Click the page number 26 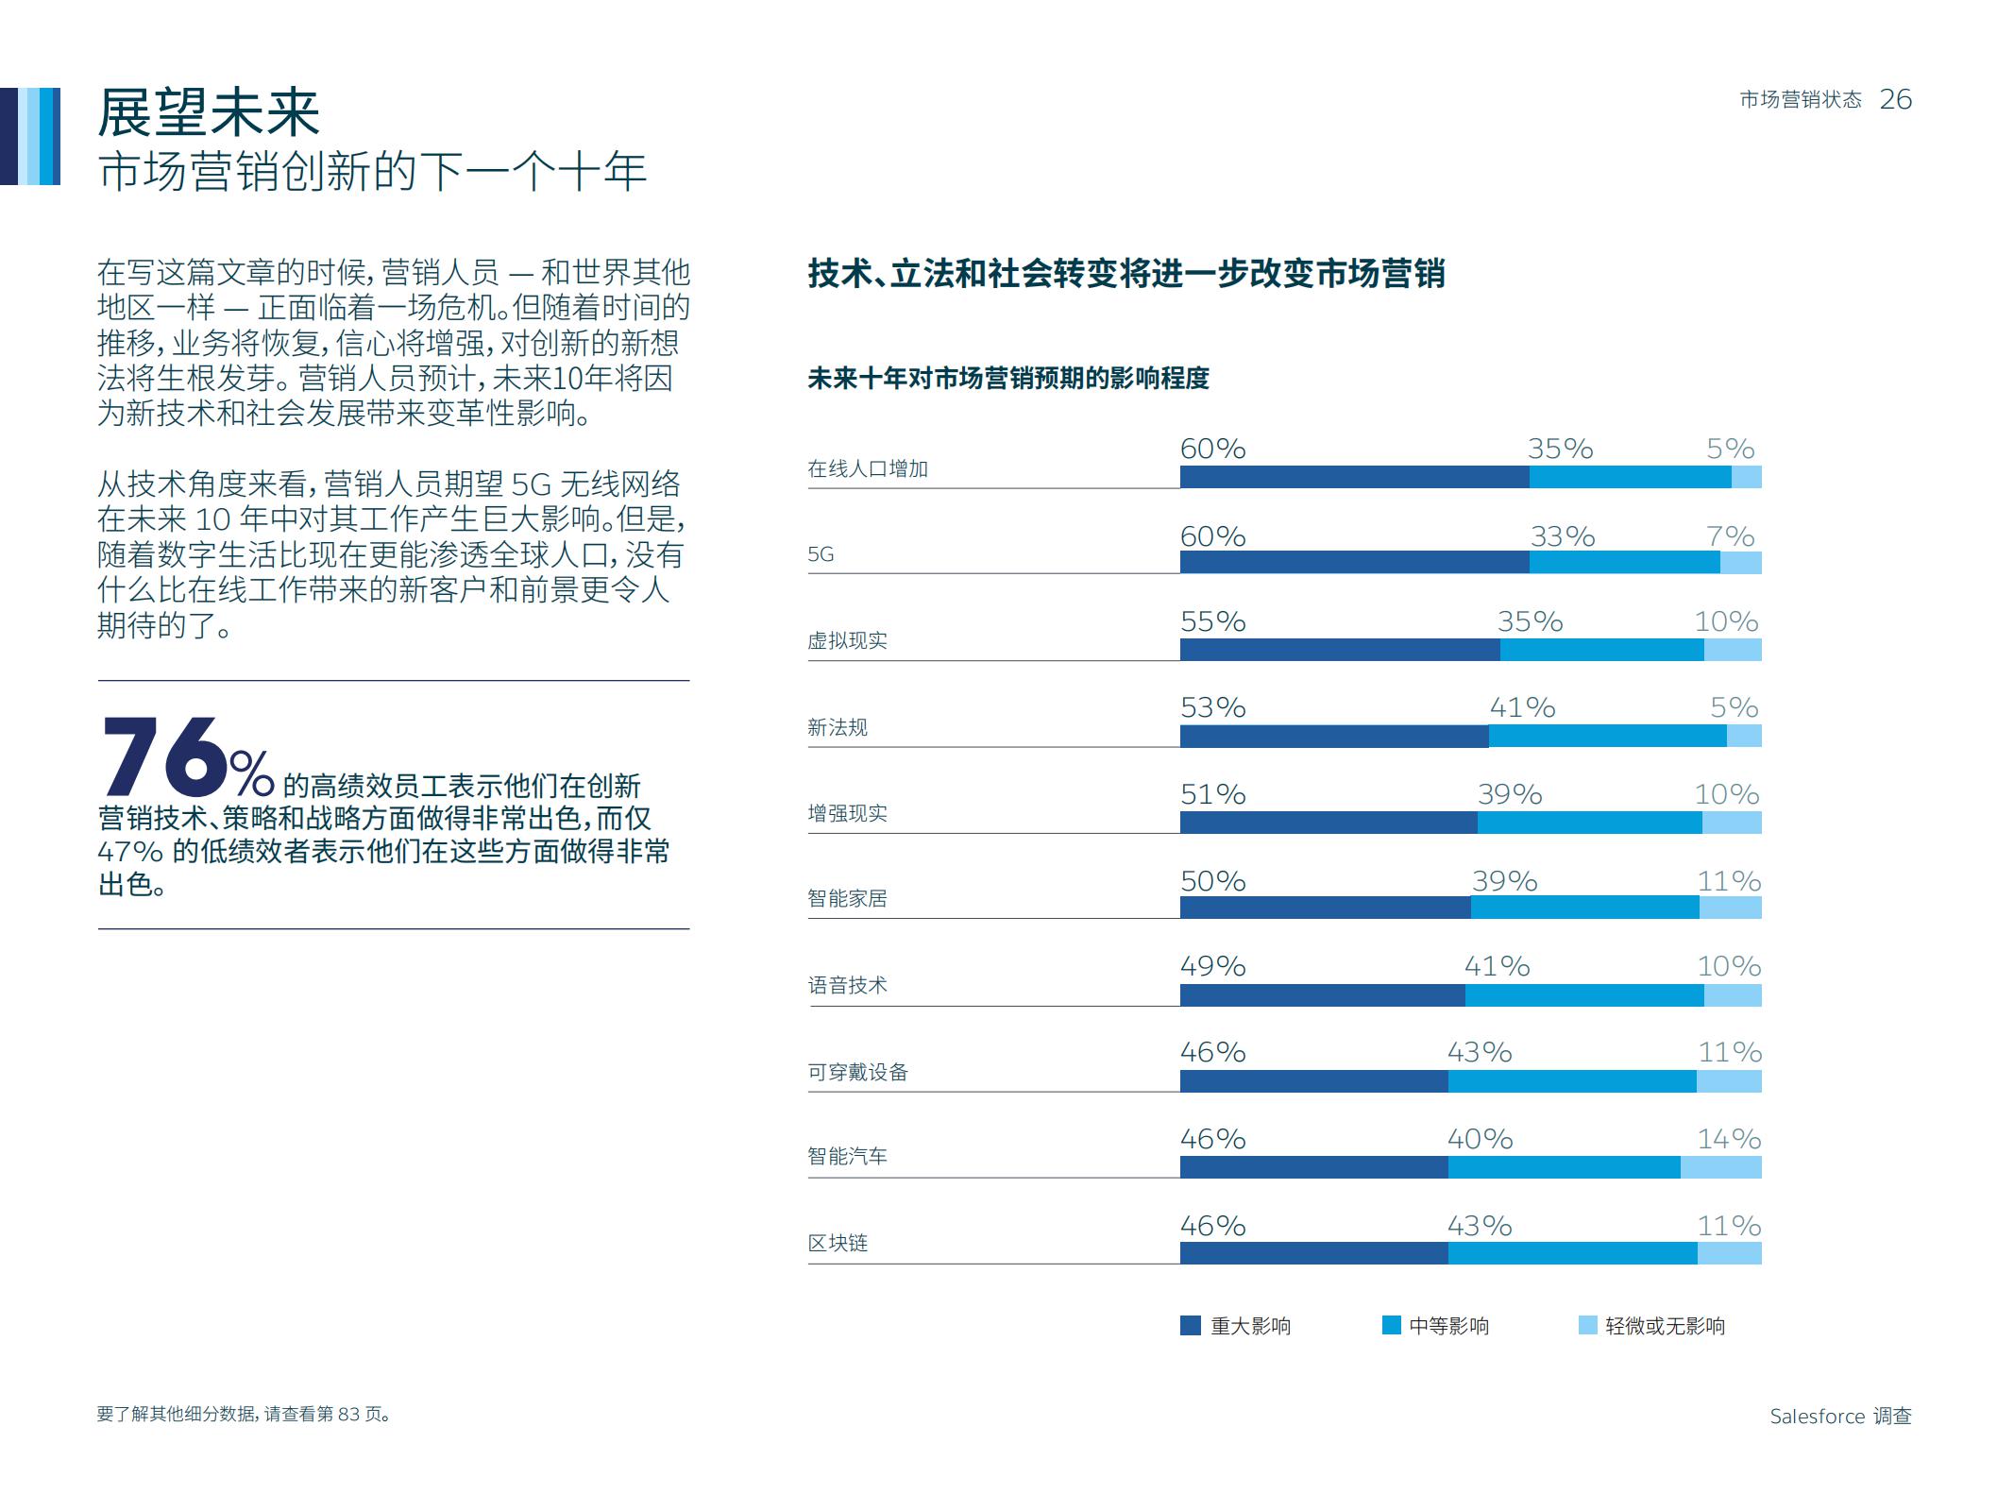tap(1894, 99)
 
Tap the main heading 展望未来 tap(209, 113)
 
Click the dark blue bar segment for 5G tap(1353, 563)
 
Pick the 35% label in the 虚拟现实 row tap(1529, 621)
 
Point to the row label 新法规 tap(837, 727)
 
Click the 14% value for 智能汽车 tap(1728, 1139)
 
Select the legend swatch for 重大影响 tap(1190, 1325)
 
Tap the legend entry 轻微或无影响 tap(1664, 1326)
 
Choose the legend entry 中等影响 tap(1447, 1326)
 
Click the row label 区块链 tap(837, 1243)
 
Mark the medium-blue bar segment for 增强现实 tap(1589, 823)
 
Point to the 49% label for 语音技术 tap(1212, 966)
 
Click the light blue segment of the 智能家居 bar tap(1730, 908)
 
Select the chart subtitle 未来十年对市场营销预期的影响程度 tap(1007, 379)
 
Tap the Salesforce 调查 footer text tap(1839, 1416)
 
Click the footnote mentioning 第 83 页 tap(244, 1414)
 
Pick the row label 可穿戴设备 tap(857, 1072)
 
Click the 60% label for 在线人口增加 tap(1212, 449)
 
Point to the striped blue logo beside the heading tap(30, 136)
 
